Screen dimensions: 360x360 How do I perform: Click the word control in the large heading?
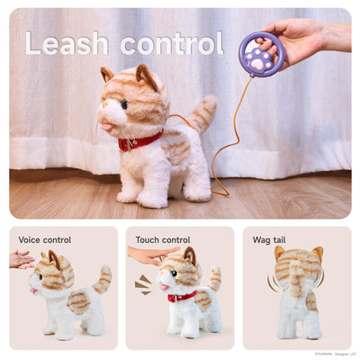(x=171, y=42)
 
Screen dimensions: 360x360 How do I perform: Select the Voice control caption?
(x=45, y=240)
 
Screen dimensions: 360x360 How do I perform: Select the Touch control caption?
(x=163, y=240)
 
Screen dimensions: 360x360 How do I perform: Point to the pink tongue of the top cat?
(x=110, y=127)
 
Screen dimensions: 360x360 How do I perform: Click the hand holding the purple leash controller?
(x=301, y=36)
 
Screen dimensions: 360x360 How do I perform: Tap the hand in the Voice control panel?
(x=21, y=260)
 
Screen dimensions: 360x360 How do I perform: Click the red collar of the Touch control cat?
(x=182, y=296)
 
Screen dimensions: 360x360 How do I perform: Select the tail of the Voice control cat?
(x=103, y=279)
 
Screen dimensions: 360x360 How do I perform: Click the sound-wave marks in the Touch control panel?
(x=143, y=284)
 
